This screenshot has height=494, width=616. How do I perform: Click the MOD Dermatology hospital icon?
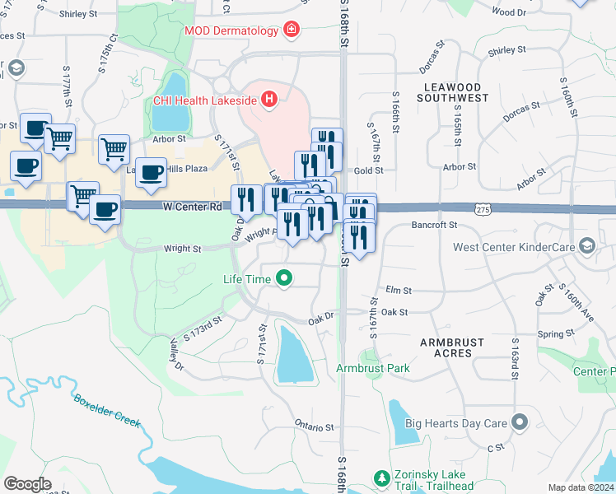(x=290, y=30)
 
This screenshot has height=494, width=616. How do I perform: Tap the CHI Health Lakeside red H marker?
(x=268, y=101)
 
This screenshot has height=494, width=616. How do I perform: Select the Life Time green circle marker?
(x=284, y=279)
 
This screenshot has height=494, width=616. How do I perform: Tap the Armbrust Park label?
(x=373, y=368)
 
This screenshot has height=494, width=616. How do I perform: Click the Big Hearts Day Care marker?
(x=519, y=423)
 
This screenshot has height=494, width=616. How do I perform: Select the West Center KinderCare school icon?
(x=586, y=246)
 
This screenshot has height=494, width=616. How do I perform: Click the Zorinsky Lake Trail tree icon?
(x=382, y=478)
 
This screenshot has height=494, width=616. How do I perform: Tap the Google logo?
(x=27, y=484)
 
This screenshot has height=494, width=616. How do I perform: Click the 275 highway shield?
(x=483, y=211)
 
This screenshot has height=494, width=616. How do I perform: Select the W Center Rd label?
(x=192, y=207)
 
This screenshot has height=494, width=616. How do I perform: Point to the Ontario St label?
(x=314, y=427)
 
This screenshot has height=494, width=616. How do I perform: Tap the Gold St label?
(x=368, y=170)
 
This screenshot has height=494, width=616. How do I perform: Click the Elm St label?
(x=398, y=291)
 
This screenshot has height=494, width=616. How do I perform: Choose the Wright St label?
(x=181, y=248)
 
